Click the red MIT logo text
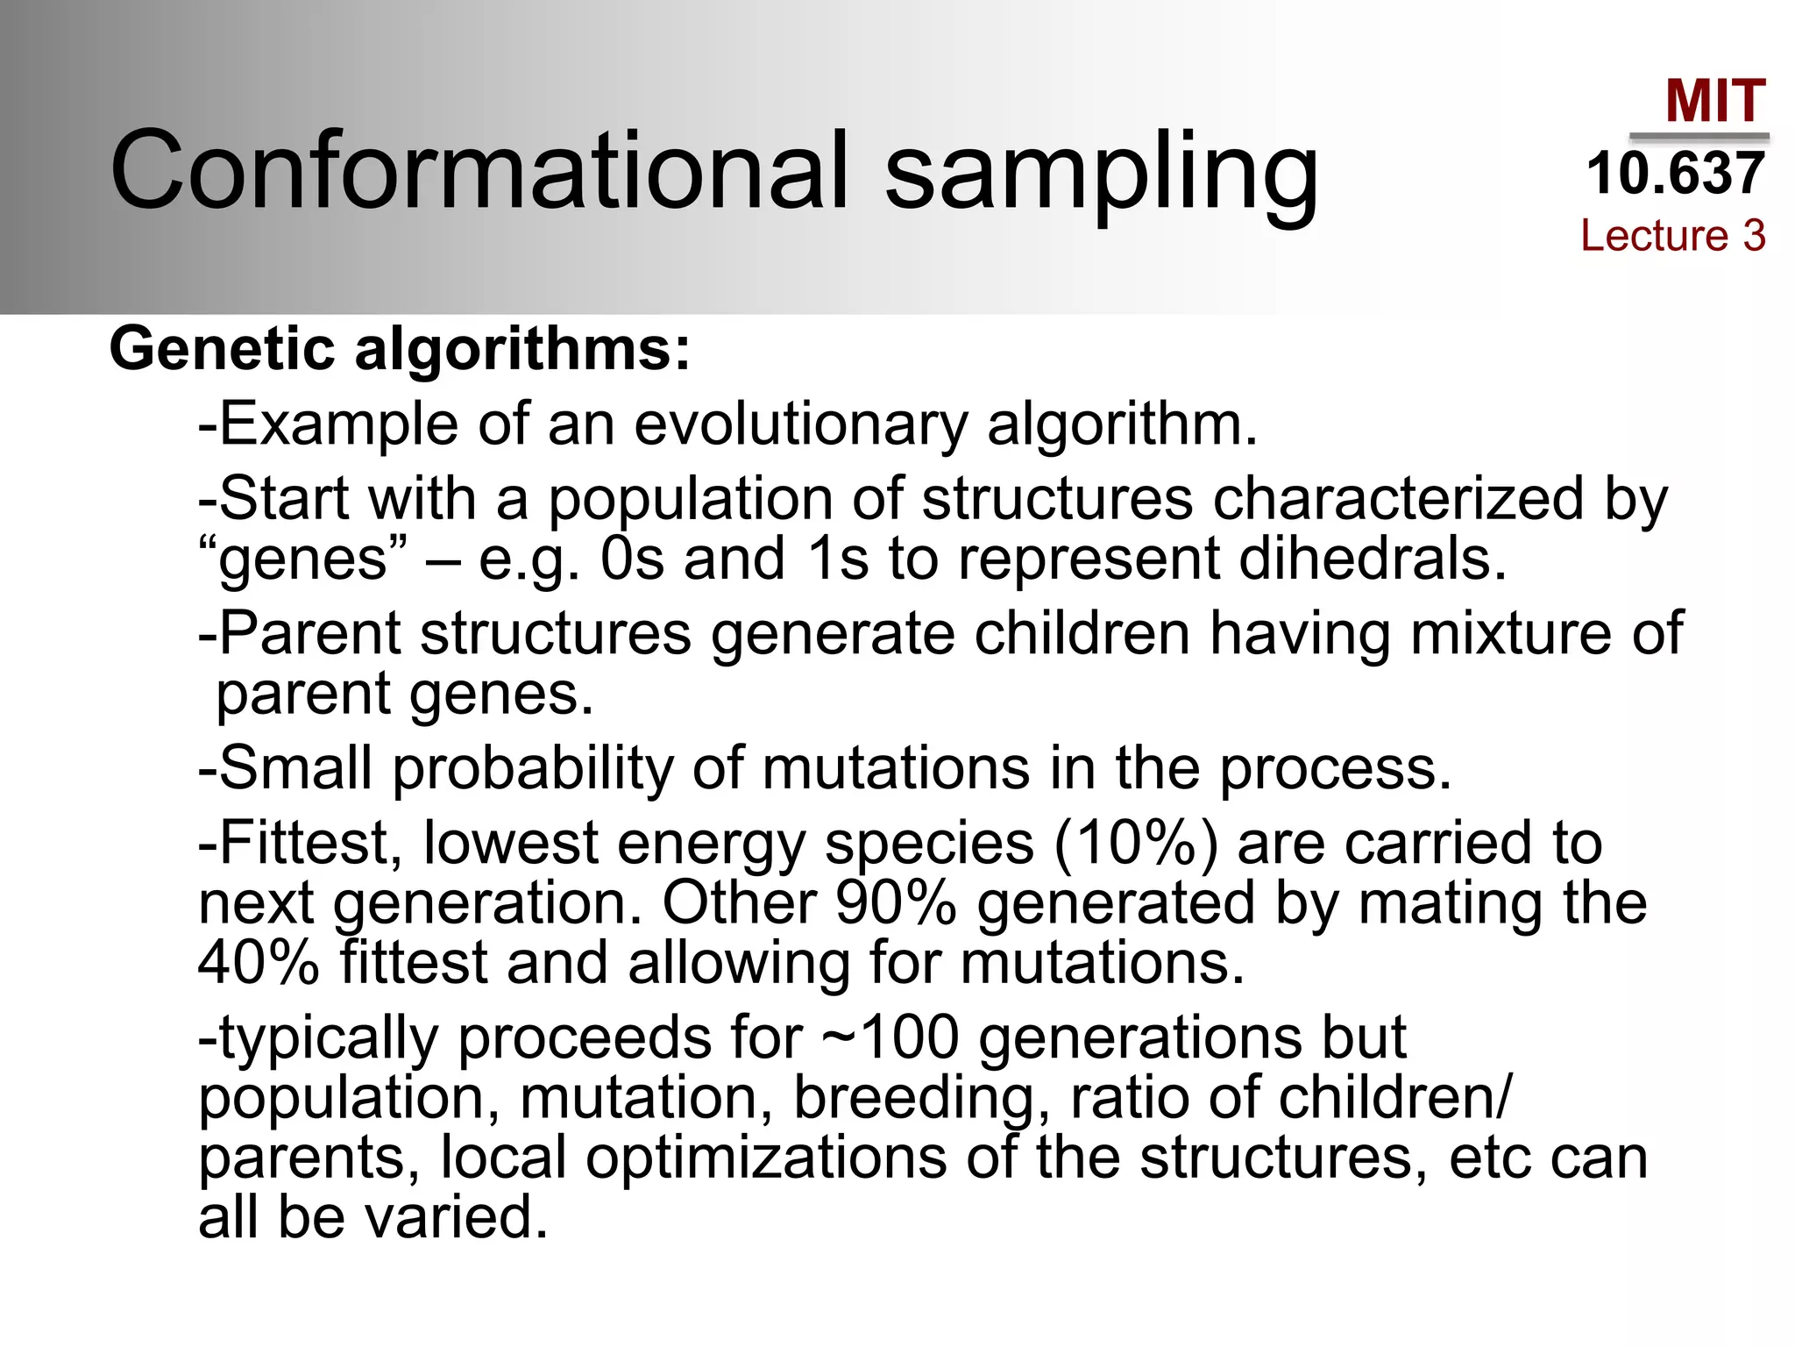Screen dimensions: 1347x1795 click(x=1715, y=101)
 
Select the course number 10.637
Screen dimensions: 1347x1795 click(x=1675, y=173)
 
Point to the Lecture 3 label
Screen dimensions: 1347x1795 click(x=1672, y=235)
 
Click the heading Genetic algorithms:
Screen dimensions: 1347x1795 click(x=400, y=349)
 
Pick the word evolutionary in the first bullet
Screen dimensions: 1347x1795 click(x=800, y=425)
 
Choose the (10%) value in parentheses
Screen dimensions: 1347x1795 click(x=1136, y=845)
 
